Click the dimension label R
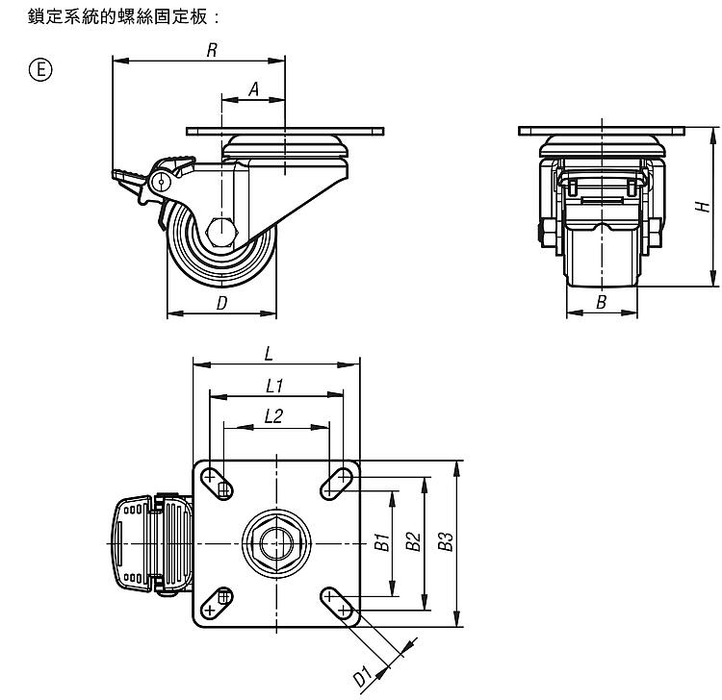pos(211,50)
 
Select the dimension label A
pos(254,88)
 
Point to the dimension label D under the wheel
pos(221,304)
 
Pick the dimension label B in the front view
pos(602,302)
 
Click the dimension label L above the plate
pos(269,353)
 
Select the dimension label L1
pos(273,385)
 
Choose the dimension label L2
pos(273,415)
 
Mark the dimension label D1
pos(363,676)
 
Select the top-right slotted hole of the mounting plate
pos(337,481)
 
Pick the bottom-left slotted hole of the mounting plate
pos(218,602)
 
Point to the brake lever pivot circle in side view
pos(161,179)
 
